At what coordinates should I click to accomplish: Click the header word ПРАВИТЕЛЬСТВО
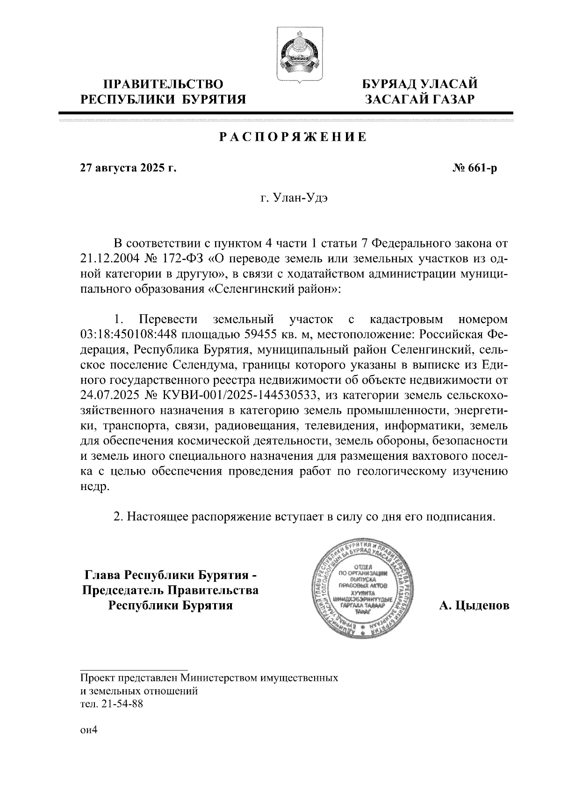(x=163, y=85)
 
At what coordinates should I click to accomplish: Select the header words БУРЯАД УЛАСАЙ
(x=420, y=85)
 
